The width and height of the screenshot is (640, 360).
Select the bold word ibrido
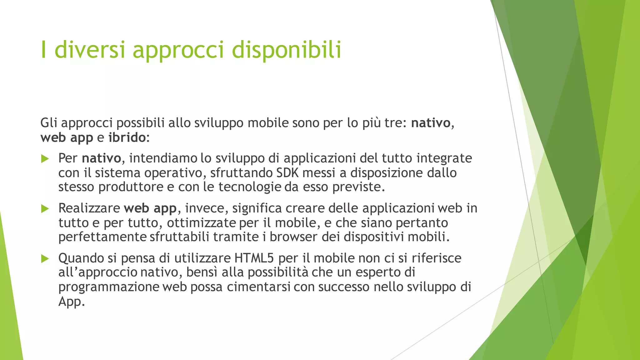click(x=127, y=137)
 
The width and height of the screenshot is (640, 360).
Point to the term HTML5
click(x=254, y=258)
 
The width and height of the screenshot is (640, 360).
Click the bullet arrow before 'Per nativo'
click(x=45, y=159)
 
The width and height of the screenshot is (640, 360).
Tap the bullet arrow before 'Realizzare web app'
click(x=45, y=209)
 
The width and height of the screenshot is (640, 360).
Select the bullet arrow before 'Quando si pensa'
click(x=45, y=259)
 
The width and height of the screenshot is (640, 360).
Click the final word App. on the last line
click(x=72, y=302)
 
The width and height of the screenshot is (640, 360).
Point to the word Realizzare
click(x=89, y=208)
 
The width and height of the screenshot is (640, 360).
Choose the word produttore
click(x=131, y=187)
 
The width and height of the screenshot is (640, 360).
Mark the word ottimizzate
click(x=201, y=223)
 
